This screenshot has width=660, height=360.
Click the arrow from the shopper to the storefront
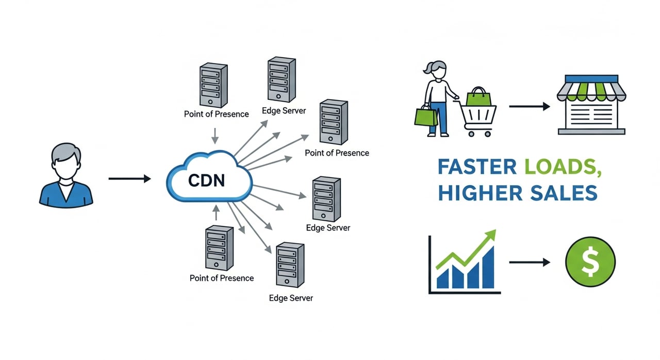tap(529, 106)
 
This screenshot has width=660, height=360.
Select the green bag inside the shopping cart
tap(478, 97)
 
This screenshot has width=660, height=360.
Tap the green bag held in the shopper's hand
tap(425, 116)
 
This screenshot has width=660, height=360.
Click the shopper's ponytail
tap(426, 67)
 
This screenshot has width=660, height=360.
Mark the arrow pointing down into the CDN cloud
tap(216, 135)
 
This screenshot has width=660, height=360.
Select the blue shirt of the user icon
tap(66, 193)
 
